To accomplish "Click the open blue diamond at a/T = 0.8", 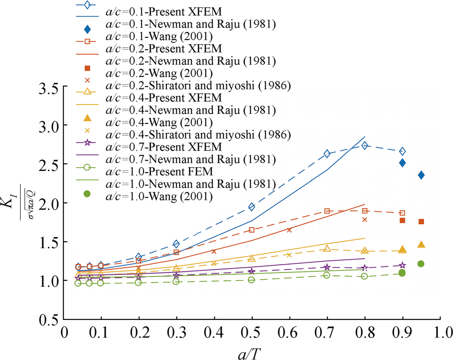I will coord(365,145).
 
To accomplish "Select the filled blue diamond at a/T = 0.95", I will coord(421,175).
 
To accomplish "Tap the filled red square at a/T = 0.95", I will coord(421,221).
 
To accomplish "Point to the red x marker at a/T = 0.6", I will coord(289,230).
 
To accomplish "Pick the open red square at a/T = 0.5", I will coord(252,230).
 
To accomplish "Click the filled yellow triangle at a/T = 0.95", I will coord(421,244).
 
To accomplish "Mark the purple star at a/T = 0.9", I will coord(402,265).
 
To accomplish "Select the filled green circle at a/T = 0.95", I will coord(421,264).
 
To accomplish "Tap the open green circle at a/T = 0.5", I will coord(252,280).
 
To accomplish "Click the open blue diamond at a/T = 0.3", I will coord(176,244).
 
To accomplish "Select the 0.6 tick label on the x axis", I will coord(289,332).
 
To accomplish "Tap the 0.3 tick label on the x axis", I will coord(176,332).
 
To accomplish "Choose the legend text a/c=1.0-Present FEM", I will coord(160,172).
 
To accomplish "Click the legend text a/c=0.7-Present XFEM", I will coord(164,147).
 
